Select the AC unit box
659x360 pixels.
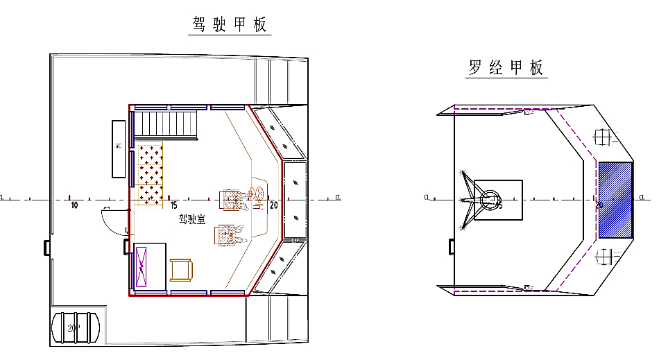click(119, 148)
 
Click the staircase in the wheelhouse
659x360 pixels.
click(166, 124)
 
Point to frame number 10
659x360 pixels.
click(74, 205)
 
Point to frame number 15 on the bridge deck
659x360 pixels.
click(173, 205)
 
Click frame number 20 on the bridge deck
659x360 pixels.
click(274, 205)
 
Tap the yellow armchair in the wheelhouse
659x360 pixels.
click(182, 270)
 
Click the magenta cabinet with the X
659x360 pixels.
click(142, 267)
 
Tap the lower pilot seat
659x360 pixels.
click(227, 236)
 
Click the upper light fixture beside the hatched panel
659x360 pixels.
click(606, 138)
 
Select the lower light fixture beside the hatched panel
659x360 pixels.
click(606, 258)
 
